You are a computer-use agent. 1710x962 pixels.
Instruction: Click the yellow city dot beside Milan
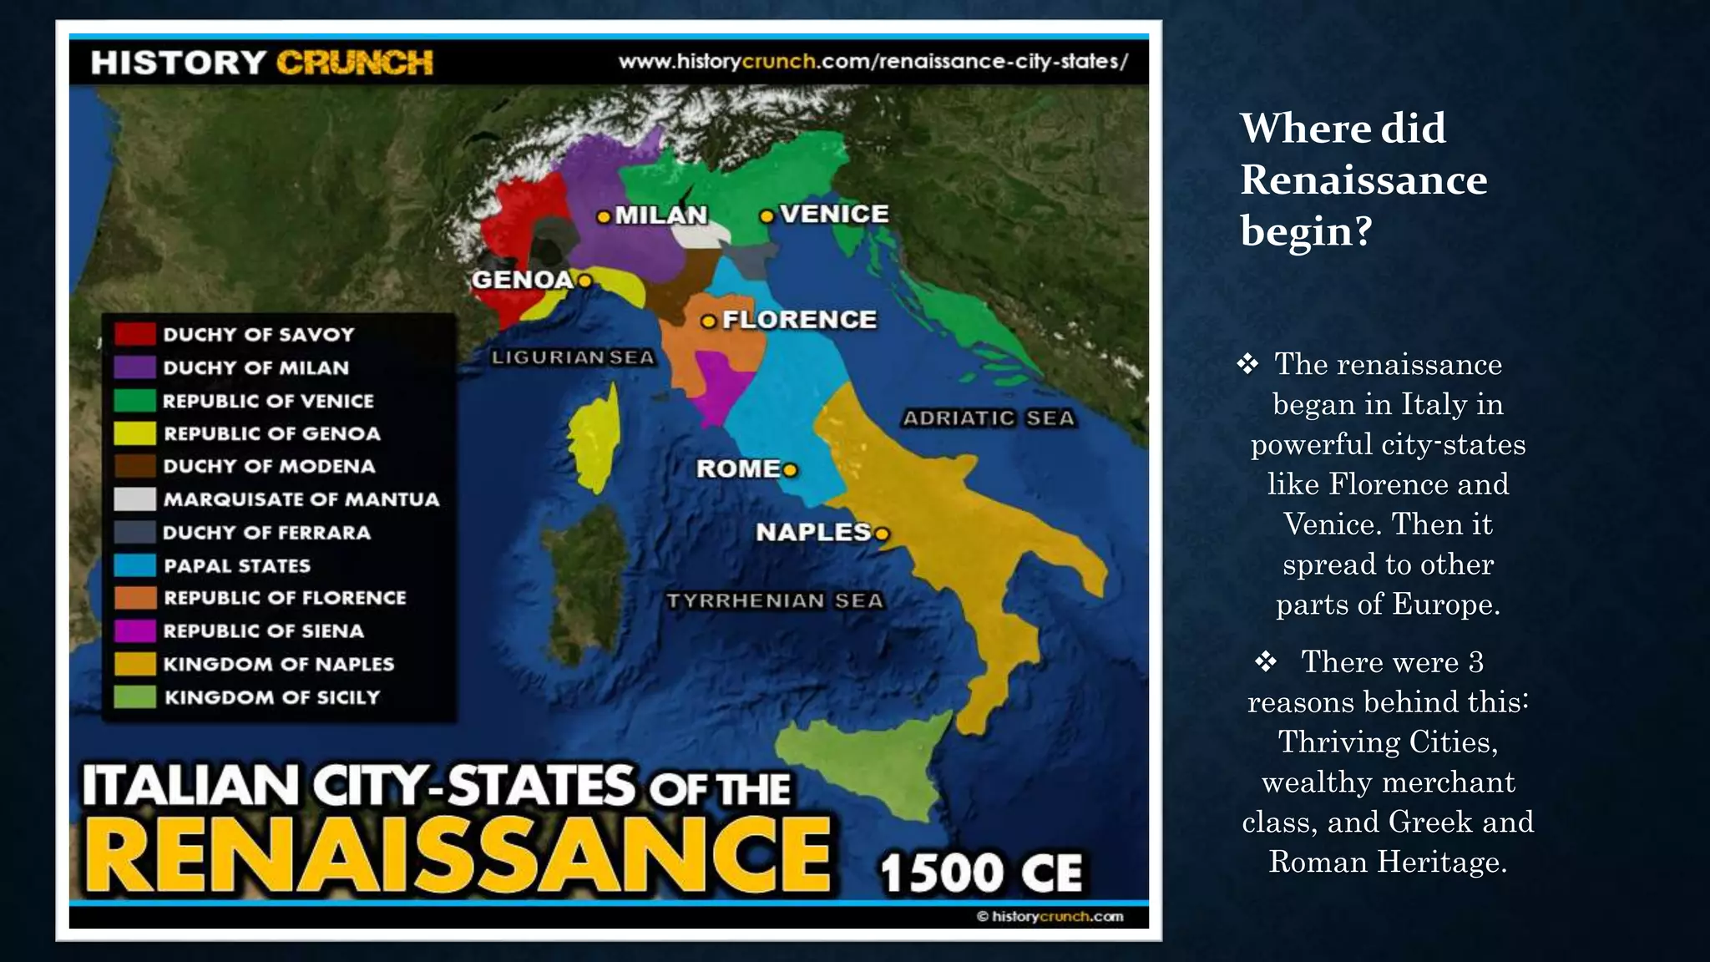click(604, 216)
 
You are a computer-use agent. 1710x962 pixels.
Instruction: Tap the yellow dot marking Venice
click(766, 216)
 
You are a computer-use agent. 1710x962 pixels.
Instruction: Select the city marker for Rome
click(790, 470)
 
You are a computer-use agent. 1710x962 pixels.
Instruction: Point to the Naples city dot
click(882, 534)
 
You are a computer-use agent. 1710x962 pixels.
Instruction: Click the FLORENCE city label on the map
click(799, 320)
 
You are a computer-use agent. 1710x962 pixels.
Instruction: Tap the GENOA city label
click(523, 280)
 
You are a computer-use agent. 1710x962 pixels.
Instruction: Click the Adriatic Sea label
click(989, 418)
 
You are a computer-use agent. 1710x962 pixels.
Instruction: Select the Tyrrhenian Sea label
click(774, 600)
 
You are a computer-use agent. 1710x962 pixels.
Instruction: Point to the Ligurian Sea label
click(573, 357)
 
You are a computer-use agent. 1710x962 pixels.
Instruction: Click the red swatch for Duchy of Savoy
click(134, 334)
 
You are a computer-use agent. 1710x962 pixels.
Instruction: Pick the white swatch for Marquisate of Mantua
click(134, 499)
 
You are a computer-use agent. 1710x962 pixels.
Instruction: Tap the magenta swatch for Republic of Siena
click(134, 630)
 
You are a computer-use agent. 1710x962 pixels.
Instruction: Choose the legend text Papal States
click(237, 565)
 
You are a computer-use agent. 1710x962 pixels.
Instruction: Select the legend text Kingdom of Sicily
click(272, 696)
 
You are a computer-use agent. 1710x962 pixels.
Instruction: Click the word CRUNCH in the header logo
click(355, 63)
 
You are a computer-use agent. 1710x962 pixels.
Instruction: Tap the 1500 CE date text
click(981, 873)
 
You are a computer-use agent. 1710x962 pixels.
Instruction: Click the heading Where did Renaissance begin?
click(1363, 179)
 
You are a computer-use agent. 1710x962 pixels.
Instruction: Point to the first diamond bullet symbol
click(1247, 364)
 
